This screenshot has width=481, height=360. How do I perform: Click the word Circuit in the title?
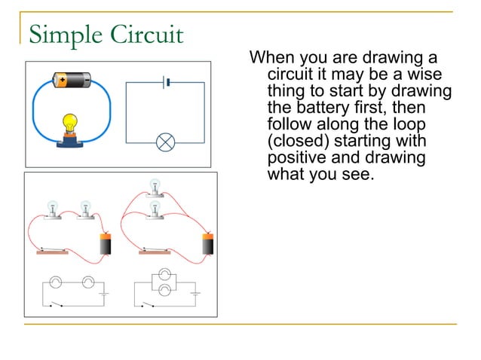point(144,35)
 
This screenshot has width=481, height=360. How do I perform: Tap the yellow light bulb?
point(70,123)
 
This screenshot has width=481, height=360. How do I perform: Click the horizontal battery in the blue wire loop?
point(72,78)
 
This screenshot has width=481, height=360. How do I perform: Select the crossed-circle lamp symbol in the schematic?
point(166,142)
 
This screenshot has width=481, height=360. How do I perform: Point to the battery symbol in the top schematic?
point(166,81)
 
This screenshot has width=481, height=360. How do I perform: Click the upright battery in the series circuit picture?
point(106,245)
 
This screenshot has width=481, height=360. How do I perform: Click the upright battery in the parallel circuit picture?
point(207,245)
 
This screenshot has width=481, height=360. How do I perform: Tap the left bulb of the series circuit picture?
point(53,209)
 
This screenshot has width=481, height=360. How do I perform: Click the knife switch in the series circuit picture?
point(53,251)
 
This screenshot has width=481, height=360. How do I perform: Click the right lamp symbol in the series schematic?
point(87,282)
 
